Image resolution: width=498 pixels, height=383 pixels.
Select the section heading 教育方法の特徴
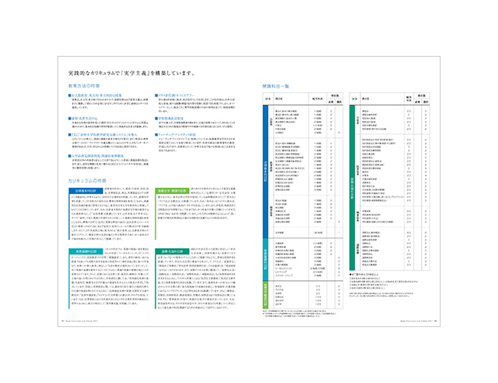(85, 87)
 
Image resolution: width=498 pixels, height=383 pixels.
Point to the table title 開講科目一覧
(279, 87)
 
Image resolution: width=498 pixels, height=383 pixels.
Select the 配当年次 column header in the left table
(315, 100)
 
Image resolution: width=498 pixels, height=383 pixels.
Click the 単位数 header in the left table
(335, 97)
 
